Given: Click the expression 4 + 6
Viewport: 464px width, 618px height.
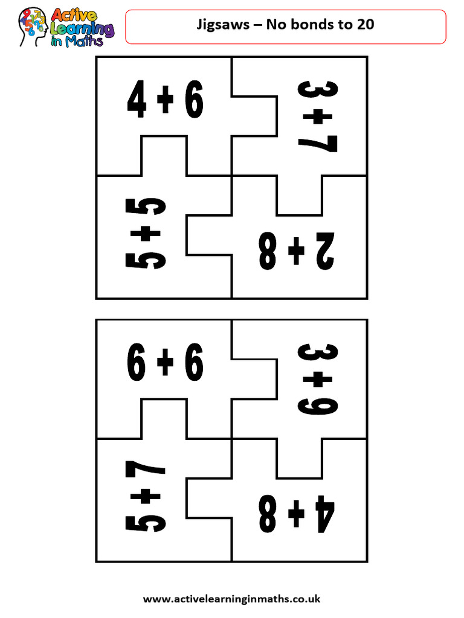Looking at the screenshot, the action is (x=165, y=101).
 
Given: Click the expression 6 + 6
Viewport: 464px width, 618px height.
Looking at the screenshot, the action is (x=165, y=365).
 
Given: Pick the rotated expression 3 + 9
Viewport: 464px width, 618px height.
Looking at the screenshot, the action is (x=318, y=379).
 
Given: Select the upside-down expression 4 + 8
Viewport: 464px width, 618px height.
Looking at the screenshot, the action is (x=296, y=513).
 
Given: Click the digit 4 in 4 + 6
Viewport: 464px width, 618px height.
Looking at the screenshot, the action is (x=137, y=101).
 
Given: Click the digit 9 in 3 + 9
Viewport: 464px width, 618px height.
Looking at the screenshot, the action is (x=318, y=403).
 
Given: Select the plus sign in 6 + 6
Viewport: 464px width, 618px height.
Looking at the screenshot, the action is (x=165, y=365).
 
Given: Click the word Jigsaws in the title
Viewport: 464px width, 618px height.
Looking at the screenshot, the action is (x=219, y=25).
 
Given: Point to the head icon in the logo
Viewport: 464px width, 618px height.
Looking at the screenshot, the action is (x=33, y=27).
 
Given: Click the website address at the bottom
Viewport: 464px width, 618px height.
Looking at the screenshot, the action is (x=231, y=599).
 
